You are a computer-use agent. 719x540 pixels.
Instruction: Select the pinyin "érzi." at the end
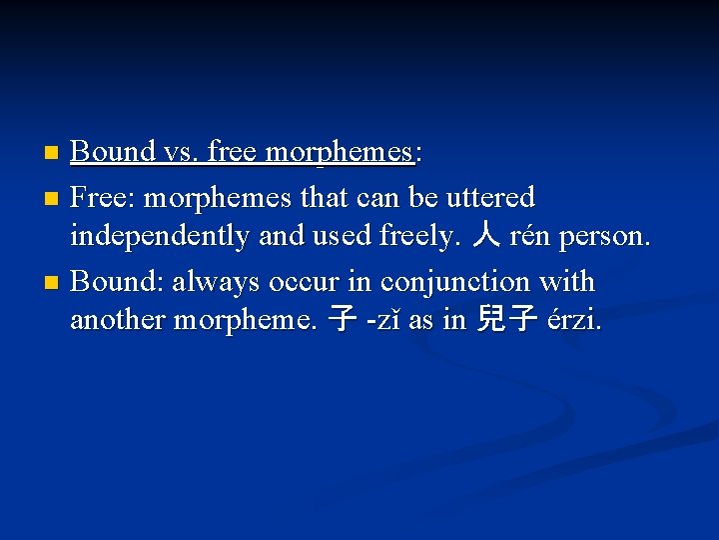(x=573, y=322)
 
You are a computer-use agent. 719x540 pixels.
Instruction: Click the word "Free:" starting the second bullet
(x=104, y=196)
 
